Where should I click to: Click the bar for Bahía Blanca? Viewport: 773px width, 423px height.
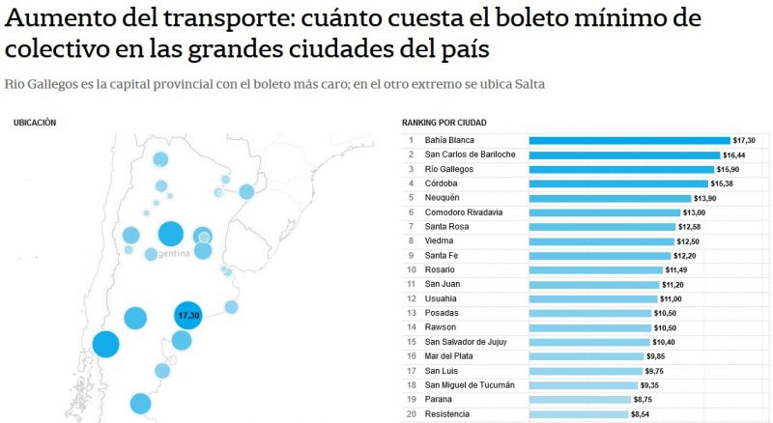coord(628,140)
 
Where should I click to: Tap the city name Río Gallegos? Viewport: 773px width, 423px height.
coord(448,169)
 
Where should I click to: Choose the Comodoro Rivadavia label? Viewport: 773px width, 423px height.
coord(470,212)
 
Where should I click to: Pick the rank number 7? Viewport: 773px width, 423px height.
coord(411,227)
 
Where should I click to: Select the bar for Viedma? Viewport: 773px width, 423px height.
coord(601,240)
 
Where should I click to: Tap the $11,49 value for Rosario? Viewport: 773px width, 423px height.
coord(678,269)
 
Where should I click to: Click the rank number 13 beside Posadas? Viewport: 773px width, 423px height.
coord(411,313)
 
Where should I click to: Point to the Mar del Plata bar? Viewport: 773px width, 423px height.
coord(586,356)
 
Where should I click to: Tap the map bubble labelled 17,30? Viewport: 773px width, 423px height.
coord(187,315)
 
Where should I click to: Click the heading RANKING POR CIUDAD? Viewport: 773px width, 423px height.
coord(444,123)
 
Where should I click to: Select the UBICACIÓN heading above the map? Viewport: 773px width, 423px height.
coord(35,123)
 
